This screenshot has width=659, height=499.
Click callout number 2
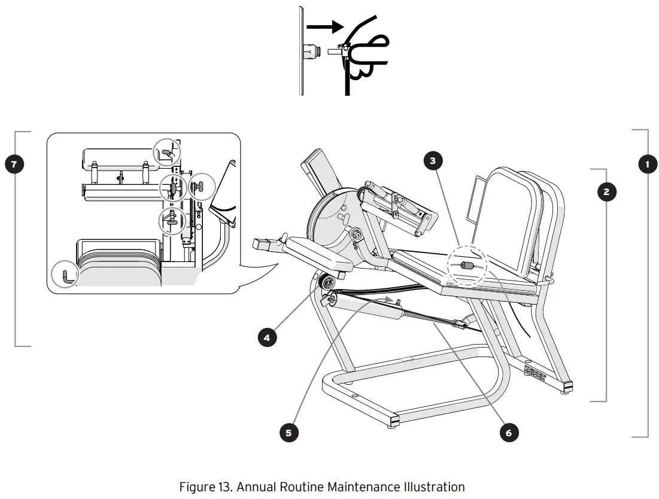pos(606,192)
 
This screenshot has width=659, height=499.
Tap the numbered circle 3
pos(433,160)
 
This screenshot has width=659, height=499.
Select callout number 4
pos(267,337)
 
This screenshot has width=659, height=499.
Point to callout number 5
pos(288,433)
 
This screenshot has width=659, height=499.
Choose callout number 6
pos(509,433)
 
